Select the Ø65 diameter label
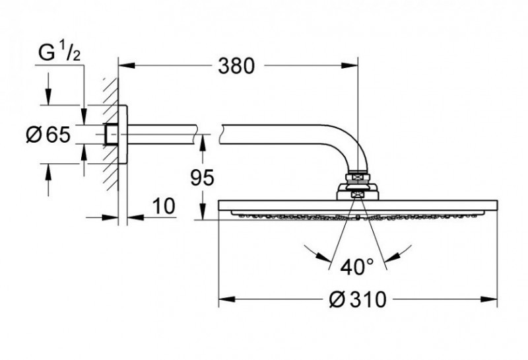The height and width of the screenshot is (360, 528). coord(46,135)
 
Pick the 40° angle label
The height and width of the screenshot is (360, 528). coord(358,267)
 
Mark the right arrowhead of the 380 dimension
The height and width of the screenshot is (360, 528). coord(352,65)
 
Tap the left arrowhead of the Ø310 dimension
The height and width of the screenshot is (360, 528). coord(224,299)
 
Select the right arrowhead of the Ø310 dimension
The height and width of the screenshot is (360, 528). coord(491,299)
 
